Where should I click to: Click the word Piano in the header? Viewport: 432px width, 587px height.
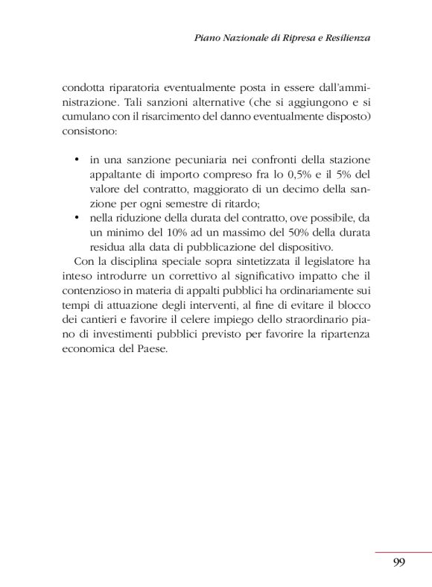point(206,37)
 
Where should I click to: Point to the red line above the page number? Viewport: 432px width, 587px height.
point(402,552)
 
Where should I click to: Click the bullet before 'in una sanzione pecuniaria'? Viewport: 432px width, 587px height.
point(78,160)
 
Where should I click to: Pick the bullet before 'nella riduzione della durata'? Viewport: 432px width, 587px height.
point(78,218)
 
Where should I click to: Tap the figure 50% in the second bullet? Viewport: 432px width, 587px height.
point(311,232)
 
